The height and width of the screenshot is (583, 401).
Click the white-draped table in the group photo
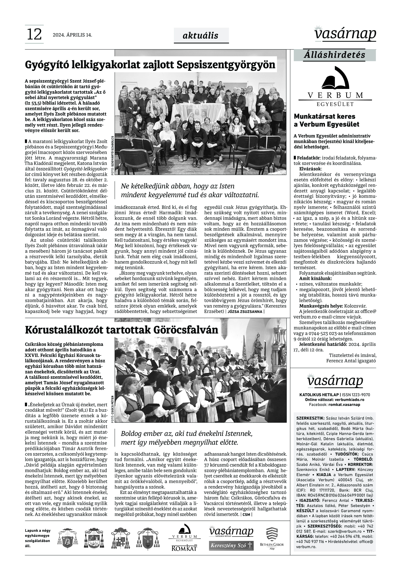[x=198, y=112]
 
